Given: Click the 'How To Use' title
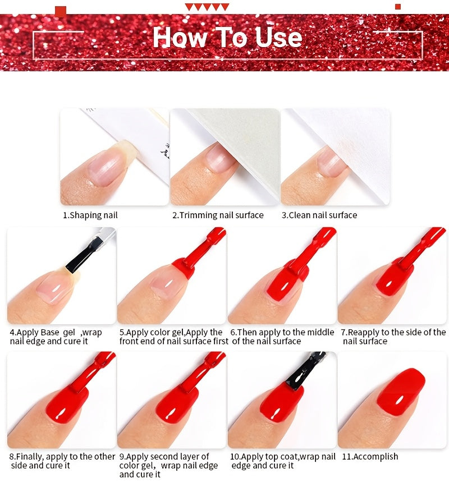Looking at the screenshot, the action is click(x=228, y=37).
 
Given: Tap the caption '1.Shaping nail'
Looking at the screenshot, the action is click(x=90, y=215).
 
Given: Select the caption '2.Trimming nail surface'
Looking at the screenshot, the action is click(x=218, y=215).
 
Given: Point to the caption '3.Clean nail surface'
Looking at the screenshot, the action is click(x=319, y=215).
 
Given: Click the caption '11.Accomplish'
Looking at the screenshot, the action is click(x=370, y=457).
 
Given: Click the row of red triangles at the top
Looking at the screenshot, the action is click(x=207, y=7).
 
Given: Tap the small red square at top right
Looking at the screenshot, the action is click(x=398, y=7).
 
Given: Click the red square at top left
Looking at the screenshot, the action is click(x=61, y=11).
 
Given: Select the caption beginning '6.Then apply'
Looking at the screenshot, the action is click(x=282, y=337).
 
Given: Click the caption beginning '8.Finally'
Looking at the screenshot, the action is click(x=62, y=461).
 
